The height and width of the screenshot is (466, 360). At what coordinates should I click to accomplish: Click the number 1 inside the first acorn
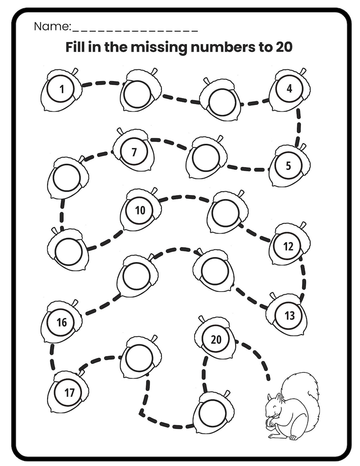tap(62, 89)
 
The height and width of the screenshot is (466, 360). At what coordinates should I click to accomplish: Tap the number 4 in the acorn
tap(289, 88)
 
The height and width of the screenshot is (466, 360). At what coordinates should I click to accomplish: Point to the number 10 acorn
tap(141, 209)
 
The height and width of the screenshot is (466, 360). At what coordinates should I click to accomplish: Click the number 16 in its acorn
tap(62, 322)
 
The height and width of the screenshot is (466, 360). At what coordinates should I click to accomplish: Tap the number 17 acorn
tap(68, 391)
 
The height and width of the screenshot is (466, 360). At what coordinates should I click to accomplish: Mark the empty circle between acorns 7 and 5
tap(205, 158)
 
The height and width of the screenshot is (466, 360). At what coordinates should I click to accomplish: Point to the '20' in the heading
tap(284, 47)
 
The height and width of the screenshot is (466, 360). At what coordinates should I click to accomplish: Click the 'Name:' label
tap(52, 26)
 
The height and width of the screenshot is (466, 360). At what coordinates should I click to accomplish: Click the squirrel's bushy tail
tap(303, 392)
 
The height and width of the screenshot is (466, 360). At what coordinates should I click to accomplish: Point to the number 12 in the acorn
tap(288, 246)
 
